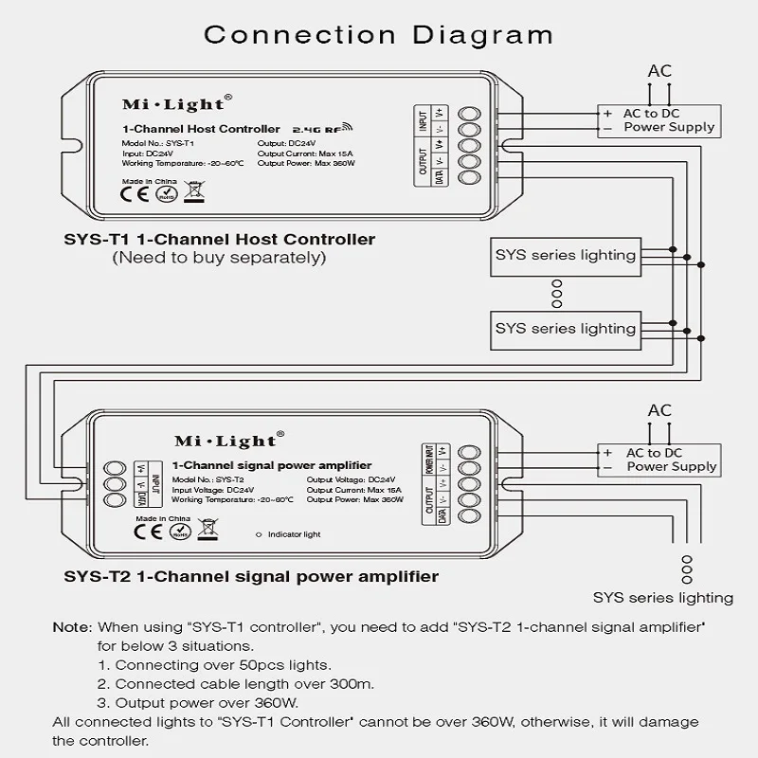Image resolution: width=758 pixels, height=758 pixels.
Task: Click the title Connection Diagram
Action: click(x=379, y=35)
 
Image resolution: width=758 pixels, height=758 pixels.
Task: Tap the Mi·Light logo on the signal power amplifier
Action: click(x=225, y=441)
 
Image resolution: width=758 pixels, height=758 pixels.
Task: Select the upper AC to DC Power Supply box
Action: click(x=656, y=120)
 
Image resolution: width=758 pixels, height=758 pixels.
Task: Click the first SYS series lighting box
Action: click(x=565, y=255)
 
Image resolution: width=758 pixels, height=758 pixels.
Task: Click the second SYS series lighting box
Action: click(x=565, y=329)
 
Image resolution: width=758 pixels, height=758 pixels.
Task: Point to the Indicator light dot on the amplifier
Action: click(x=260, y=534)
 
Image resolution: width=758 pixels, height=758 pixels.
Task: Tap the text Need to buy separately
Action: click(x=219, y=257)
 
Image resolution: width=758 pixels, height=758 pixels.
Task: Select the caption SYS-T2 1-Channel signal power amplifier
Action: click(x=251, y=576)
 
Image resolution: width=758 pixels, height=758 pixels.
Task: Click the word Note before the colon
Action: click(x=71, y=628)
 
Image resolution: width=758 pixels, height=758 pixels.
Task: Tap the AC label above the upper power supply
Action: click(x=659, y=71)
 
